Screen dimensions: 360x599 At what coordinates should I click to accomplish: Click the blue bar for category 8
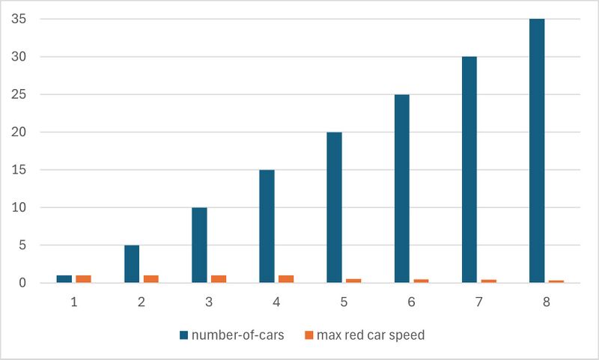point(536,150)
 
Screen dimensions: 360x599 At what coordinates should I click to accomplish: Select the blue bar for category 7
point(469,170)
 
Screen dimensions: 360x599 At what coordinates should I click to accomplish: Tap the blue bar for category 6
point(401,189)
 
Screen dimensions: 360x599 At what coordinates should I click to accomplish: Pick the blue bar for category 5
point(334,207)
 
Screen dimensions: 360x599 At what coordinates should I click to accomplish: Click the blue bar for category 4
point(267,226)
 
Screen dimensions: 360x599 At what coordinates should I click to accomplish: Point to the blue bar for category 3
point(199,245)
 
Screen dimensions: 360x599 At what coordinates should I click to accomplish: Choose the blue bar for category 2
point(132,263)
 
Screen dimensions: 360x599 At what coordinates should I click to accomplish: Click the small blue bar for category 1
point(64,279)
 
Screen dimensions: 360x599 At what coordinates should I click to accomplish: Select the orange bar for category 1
point(83,279)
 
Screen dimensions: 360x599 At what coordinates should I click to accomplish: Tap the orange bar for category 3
point(218,279)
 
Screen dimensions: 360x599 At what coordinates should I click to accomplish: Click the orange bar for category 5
point(353,281)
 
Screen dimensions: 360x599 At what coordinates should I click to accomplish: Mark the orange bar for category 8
point(555,281)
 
